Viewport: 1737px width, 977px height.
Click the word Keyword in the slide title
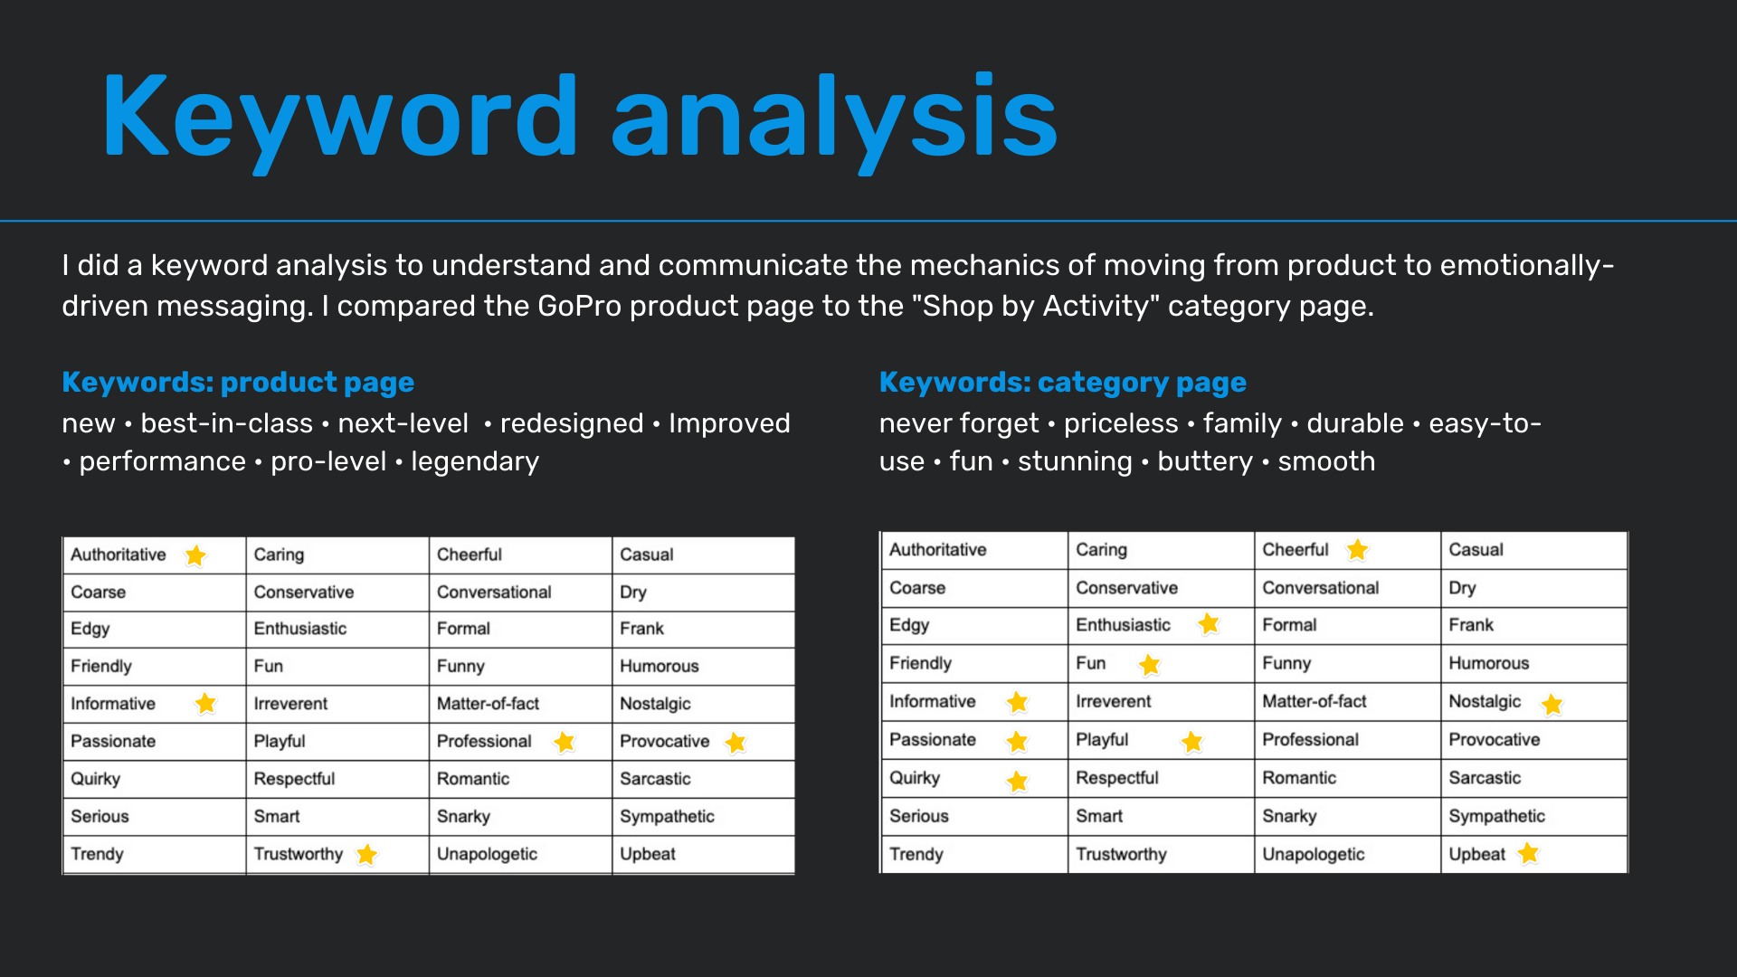[x=340, y=118]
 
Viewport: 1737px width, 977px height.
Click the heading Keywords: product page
[x=238, y=383]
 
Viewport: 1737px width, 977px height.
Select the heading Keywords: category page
[x=1063, y=383]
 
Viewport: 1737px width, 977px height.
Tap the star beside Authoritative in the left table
[x=195, y=555]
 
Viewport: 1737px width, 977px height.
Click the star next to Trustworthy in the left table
[x=366, y=854]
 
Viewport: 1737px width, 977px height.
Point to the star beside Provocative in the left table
[x=736, y=743]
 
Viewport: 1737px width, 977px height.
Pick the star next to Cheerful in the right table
[x=1357, y=550]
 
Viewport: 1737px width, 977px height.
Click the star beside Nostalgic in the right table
[x=1552, y=704]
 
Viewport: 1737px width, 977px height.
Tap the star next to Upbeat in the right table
[x=1528, y=853]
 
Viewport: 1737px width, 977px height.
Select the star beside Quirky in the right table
[x=1018, y=781]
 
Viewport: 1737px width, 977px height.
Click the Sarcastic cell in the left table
[x=703, y=779]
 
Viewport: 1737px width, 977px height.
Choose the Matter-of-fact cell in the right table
[x=1347, y=701]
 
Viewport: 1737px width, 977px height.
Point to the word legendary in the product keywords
[x=475, y=461]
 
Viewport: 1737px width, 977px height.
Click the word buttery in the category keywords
[x=1205, y=461]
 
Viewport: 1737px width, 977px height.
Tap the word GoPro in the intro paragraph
[x=579, y=306]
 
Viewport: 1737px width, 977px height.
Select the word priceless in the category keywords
[x=1121, y=423]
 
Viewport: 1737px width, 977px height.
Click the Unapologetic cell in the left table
[x=520, y=854]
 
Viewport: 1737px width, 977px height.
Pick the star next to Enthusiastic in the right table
[x=1209, y=623]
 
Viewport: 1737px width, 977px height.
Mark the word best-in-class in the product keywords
[x=226, y=423]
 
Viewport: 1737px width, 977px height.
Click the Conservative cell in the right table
[x=1161, y=588]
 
